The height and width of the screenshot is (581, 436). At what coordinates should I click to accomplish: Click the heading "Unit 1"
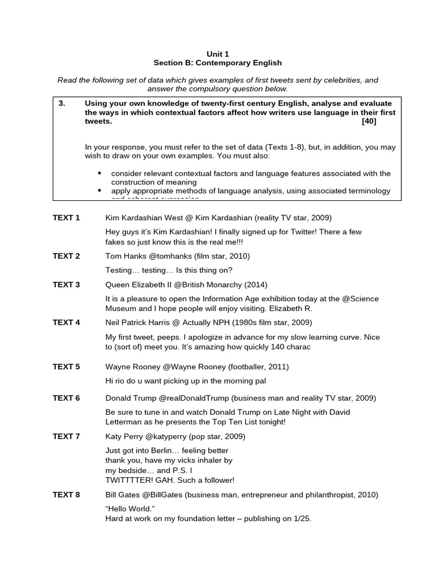(218, 53)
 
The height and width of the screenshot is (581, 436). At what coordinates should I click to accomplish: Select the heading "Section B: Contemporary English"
(218, 63)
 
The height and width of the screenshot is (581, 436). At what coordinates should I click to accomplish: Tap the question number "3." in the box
(62, 103)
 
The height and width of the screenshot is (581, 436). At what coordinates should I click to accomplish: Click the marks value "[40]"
(368, 121)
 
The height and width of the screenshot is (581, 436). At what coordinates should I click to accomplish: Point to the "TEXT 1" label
(66, 218)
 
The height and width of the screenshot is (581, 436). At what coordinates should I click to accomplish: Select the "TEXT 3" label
(66, 285)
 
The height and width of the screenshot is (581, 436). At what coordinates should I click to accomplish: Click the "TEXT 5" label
(66, 367)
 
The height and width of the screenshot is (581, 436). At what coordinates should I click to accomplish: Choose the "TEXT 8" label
(66, 495)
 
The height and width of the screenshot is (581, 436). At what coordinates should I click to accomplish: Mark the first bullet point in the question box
(100, 174)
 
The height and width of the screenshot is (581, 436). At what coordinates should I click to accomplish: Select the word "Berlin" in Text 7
(165, 451)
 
